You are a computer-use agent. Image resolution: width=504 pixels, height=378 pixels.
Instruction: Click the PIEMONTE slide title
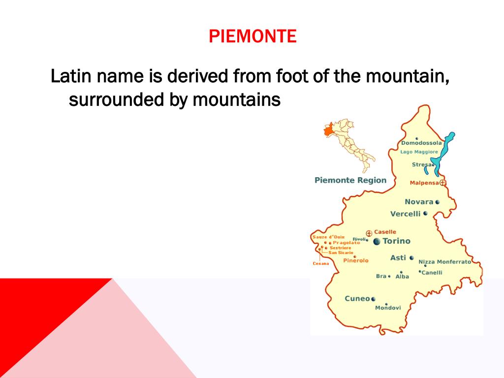coord(252,36)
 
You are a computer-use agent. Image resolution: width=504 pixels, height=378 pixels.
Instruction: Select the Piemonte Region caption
coord(350,180)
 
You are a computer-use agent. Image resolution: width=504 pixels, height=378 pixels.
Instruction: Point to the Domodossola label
coord(421,143)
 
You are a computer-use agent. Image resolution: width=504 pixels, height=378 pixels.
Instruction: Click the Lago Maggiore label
coord(419,152)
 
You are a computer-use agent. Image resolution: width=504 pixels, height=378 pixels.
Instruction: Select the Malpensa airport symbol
coord(442,183)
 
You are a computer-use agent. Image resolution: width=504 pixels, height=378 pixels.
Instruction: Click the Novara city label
coord(419,202)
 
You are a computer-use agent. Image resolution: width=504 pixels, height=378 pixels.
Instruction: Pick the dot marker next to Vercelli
coord(425,214)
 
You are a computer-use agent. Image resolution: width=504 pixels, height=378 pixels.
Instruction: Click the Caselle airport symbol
coord(369,233)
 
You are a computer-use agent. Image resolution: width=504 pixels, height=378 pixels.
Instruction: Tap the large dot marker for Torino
coord(377,241)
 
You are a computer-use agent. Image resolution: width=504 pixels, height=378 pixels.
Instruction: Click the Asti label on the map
coord(398,258)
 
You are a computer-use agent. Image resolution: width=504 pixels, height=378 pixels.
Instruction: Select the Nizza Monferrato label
coord(444,262)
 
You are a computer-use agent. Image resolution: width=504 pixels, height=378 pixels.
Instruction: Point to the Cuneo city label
coord(357,299)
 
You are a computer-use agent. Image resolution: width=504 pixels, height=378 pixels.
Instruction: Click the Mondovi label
coord(388,308)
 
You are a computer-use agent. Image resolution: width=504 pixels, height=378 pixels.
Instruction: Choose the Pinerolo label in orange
coord(355,261)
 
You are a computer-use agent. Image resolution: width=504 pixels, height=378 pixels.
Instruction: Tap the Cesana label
coord(320,264)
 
